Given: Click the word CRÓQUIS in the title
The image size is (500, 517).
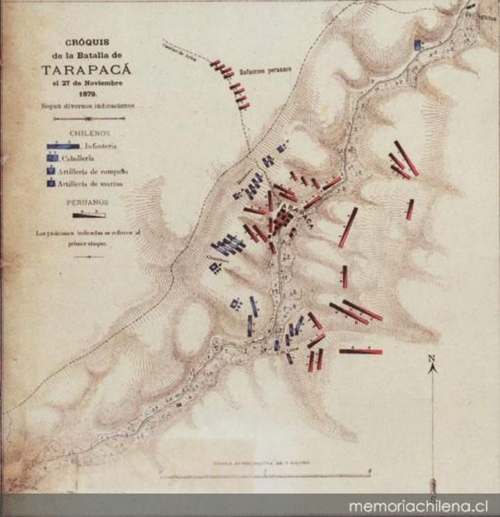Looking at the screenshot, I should (x=87, y=42).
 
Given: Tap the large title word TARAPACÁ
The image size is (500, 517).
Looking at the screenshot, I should (x=86, y=69).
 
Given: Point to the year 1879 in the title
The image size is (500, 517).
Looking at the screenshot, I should (x=87, y=92).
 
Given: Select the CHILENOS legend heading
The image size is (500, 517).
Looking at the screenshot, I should (x=87, y=132).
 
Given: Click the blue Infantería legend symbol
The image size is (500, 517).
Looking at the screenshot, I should (x=63, y=146).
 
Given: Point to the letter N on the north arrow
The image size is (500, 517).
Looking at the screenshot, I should (x=431, y=359).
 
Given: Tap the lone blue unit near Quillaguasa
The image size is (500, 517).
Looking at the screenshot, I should (x=417, y=45).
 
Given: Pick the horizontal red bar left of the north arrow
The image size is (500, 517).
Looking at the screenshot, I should (x=360, y=352).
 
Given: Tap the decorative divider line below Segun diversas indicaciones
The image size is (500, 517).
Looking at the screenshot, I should (x=88, y=119).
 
